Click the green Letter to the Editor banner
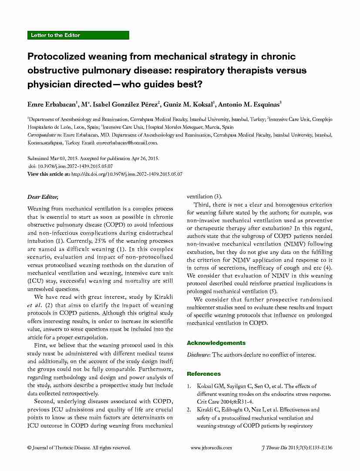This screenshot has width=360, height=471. (x=78, y=35)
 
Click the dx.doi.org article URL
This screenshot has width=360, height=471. (x=126, y=174)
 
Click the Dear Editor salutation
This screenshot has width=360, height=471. (x=43, y=197)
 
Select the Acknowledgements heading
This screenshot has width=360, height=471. (x=216, y=343)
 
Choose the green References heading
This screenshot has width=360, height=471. (x=204, y=374)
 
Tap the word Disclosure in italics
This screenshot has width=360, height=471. (x=199, y=354)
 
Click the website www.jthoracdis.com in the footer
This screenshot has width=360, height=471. (x=212, y=448)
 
